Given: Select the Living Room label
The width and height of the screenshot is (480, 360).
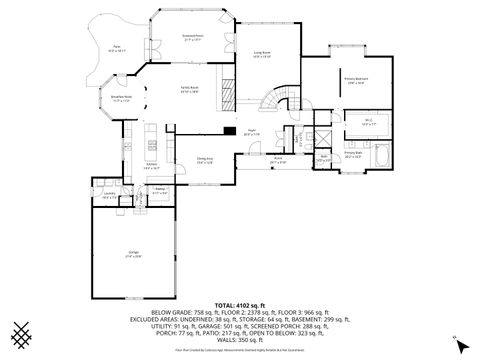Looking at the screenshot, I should coord(264,56).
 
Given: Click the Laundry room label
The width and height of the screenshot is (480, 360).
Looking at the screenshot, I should coord(107,196).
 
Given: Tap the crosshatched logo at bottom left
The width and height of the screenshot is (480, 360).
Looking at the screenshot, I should coord(21,330).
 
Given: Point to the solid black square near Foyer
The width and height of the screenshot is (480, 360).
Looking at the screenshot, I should coord(231,129).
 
